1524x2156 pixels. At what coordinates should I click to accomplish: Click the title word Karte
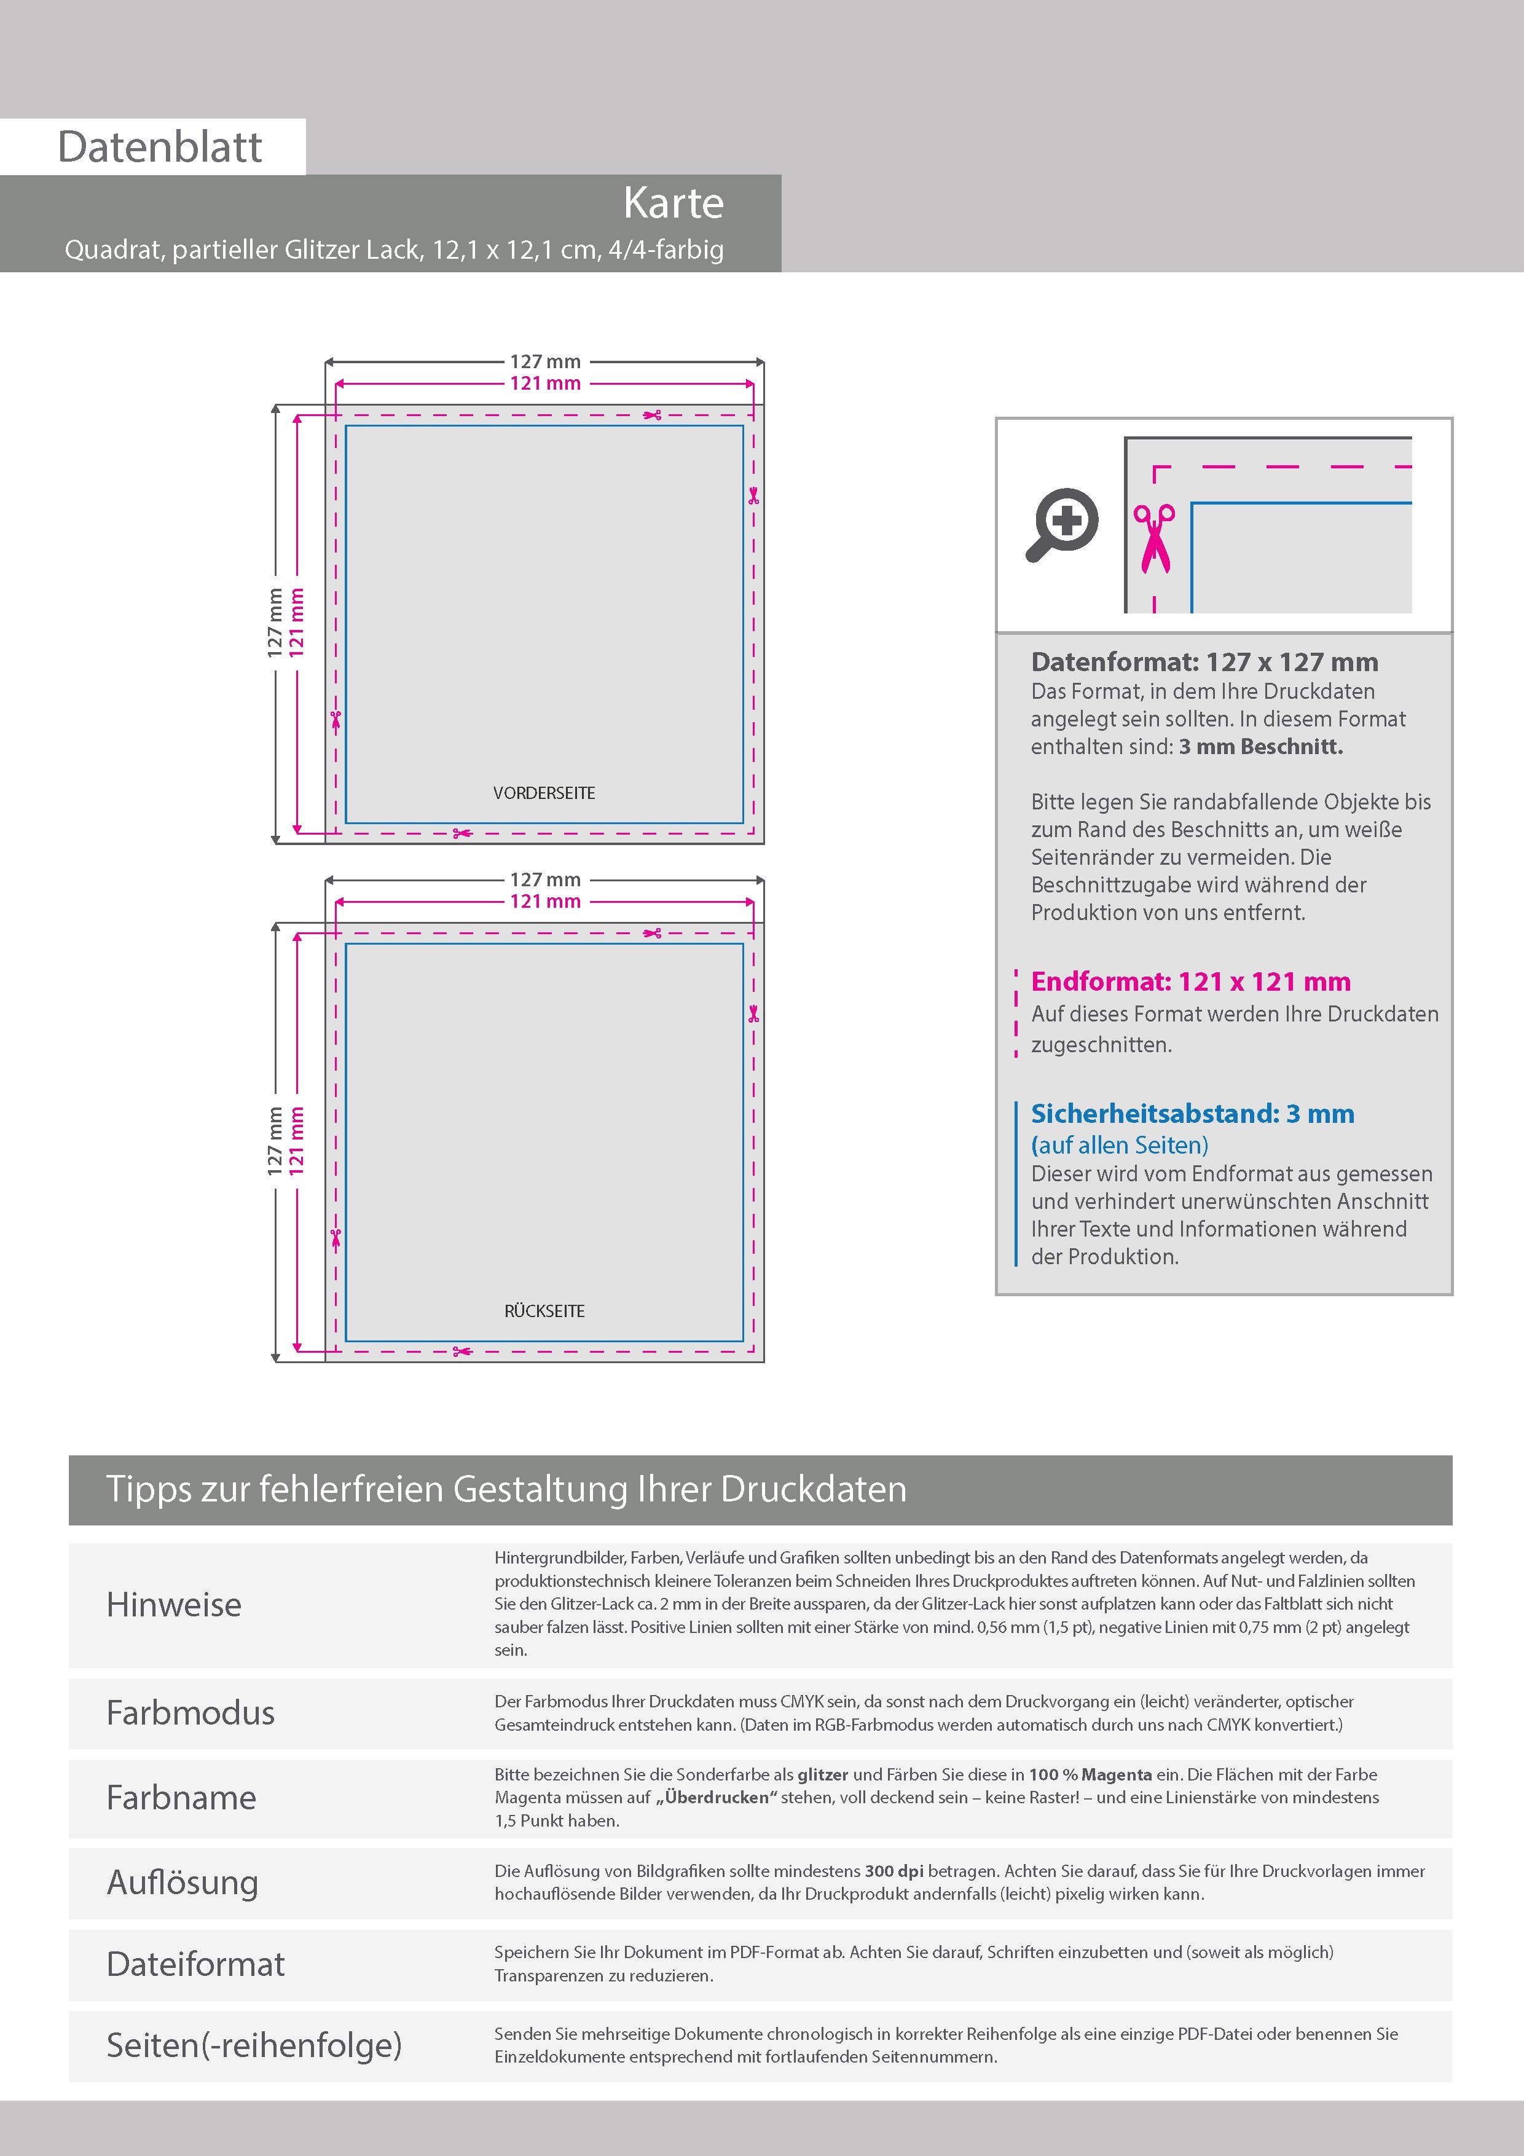(x=674, y=203)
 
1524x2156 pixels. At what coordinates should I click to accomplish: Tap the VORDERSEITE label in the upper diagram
(x=544, y=793)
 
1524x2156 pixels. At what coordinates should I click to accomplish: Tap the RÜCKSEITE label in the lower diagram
(x=544, y=1311)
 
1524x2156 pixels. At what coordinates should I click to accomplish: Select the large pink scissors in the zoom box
(x=1154, y=538)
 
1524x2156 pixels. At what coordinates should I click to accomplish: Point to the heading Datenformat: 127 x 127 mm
(x=1204, y=662)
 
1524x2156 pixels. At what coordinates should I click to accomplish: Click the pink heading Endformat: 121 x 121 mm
(x=1190, y=982)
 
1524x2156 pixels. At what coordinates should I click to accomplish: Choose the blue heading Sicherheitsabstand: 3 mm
(x=1192, y=1114)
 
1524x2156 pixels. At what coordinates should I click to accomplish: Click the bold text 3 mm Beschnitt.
(x=1260, y=747)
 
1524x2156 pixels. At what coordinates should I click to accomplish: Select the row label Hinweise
(x=174, y=1605)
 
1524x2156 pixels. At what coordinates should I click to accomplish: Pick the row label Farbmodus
(x=190, y=1713)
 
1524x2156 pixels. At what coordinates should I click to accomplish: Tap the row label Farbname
(x=181, y=1797)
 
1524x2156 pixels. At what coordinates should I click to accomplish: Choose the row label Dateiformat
(x=195, y=1964)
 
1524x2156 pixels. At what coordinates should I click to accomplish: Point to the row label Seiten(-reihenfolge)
(x=254, y=2044)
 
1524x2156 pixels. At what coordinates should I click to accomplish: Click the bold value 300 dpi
(x=893, y=1871)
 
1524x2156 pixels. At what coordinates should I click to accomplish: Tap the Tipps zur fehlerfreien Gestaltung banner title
(x=506, y=1489)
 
